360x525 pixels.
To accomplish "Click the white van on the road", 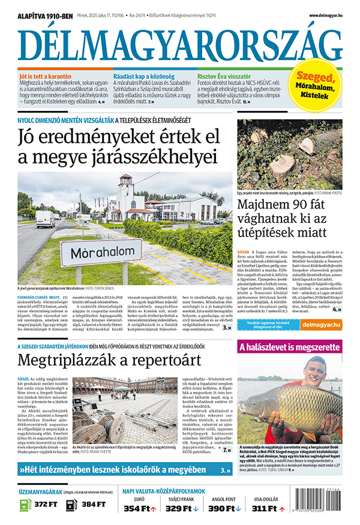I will click(x=45, y=218).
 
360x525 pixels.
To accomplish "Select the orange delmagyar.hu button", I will click(x=322, y=325).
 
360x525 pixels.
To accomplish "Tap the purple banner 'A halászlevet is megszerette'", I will click(x=290, y=347).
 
